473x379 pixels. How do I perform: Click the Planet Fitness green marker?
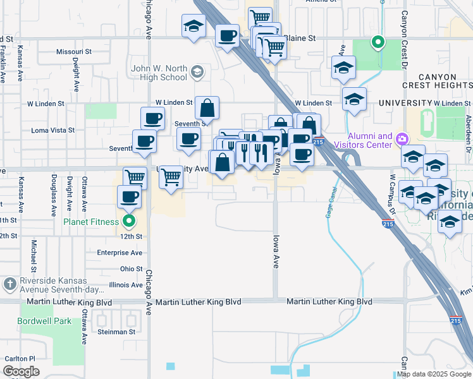[130, 222]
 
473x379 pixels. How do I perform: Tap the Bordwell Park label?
[46, 322]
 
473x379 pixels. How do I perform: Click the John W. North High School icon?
[198, 73]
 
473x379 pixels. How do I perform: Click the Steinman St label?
[116, 331]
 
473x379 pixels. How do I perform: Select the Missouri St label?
[74, 52]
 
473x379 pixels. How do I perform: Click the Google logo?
[21, 371]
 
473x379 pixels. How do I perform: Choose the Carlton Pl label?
[20, 359]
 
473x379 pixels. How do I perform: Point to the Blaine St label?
[300, 38]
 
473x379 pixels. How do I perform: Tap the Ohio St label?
[132, 268]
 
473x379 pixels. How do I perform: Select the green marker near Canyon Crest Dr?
[378, 43]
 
